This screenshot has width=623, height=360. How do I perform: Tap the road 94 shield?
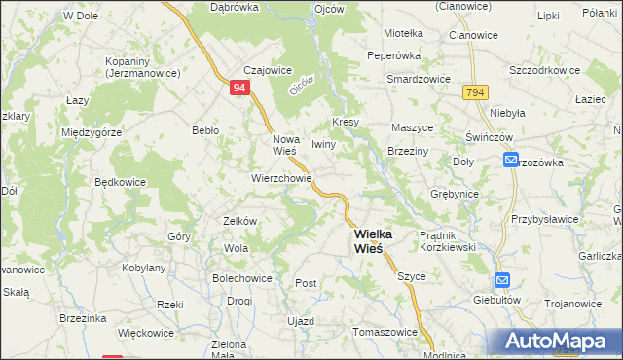240,89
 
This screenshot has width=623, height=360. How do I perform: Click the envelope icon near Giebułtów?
501,280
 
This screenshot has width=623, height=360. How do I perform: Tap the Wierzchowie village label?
281,178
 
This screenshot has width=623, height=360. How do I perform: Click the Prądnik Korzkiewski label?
446,241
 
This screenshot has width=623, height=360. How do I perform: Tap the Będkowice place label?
120,181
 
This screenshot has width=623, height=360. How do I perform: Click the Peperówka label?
421,56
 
